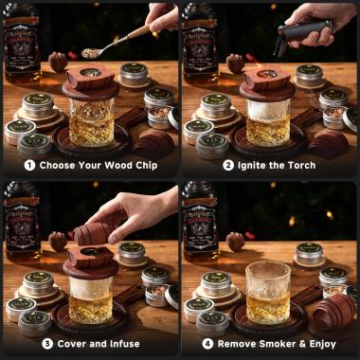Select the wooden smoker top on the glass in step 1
coord(90,83)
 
